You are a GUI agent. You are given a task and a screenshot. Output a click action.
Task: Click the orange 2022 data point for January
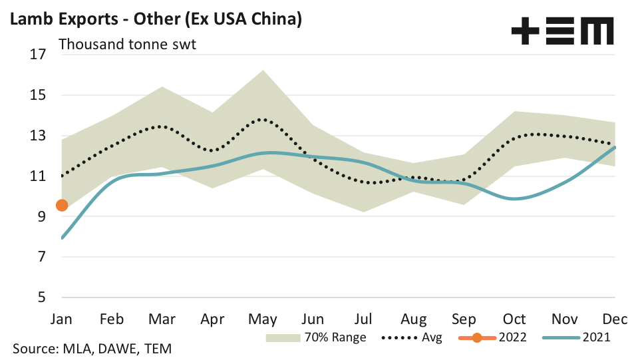62,206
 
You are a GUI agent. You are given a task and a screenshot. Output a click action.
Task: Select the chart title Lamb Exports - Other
156,19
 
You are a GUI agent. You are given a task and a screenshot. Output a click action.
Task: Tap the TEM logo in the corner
563,31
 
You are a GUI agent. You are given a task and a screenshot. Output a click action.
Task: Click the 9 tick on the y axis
41,217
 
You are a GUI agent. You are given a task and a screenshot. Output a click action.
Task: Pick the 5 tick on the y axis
41,297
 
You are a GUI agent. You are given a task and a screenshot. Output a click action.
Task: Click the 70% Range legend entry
316,337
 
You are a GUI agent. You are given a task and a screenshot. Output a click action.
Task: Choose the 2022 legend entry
493,337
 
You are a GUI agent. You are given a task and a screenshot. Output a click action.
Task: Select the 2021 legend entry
576,337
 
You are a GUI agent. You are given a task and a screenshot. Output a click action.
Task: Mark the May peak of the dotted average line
262,120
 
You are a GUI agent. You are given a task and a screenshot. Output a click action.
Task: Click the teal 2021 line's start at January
62,238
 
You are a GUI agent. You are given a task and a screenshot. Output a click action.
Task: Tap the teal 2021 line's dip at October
514,198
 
